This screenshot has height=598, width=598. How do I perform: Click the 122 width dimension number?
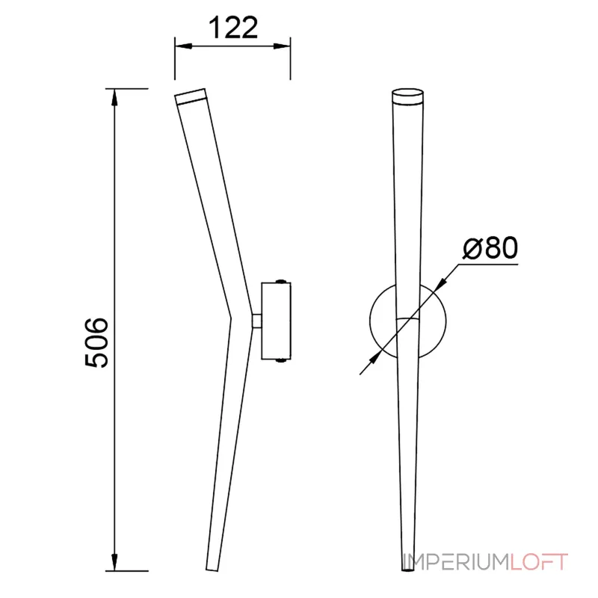(x=233, y=27)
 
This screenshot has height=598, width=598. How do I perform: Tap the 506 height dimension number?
(x=96, y=342)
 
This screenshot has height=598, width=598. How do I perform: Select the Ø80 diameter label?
(x=490, y=248)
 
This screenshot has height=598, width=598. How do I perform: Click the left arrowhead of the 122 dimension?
(x=182, y=46)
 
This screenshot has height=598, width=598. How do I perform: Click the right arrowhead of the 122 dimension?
(x=283, y=46)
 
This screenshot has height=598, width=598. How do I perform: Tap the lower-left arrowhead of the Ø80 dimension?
(x=375, y=358)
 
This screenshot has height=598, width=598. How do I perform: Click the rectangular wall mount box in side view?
(x=276, y=321)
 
